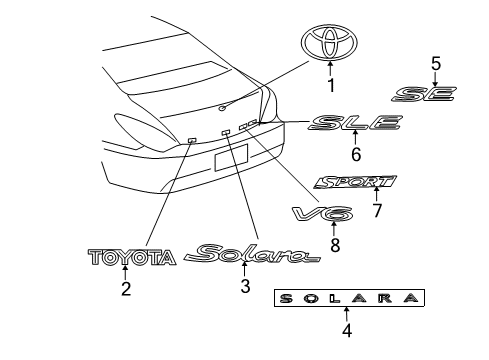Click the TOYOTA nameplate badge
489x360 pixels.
point(132,258)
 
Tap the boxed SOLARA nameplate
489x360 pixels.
point(349,297)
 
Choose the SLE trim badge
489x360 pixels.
point(355,124)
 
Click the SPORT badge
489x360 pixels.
point(355,183)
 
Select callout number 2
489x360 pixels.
point(126,290)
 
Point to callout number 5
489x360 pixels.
point(435,63)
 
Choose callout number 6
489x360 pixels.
point(355,155)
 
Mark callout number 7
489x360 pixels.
point(377,211)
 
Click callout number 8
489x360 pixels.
point(334,242)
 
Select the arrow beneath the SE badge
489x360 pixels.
point(435,77)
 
